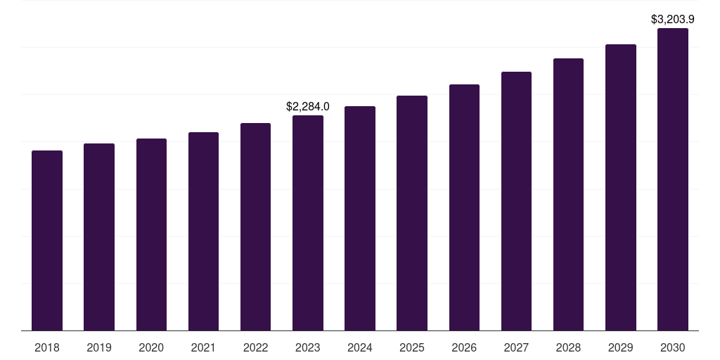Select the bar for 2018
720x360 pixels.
click(x=47, y=240)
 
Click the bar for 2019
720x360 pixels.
click(x=99, y=237)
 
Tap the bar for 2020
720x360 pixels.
click(x=151, y=235)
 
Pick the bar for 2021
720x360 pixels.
click(x=203, y=231)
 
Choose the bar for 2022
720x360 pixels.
click(x=255, y=227)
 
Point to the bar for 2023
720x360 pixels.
click(x=308, y=223)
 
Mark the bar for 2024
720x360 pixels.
click(x=360, y=219)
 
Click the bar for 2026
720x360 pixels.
click(x=464, y=207)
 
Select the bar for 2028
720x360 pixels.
click(x=568, y=195)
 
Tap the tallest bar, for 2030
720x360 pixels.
click(x=673, y=179)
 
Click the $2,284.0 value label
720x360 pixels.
click(x=308, y=107)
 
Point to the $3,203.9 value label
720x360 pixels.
click(x=673, y=20)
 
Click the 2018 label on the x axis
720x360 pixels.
click(x=47, y=347)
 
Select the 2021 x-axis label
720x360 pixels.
click(x=203, y=347)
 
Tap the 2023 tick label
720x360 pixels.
click(x=308, y=347)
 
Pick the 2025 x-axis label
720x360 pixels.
click(x=412, y=347)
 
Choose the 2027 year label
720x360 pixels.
click(x=516, y=347)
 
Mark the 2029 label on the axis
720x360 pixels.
click(x=620, y=347)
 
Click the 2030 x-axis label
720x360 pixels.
click(x=673, y=347)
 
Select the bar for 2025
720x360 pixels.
click(x=412, y=213)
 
